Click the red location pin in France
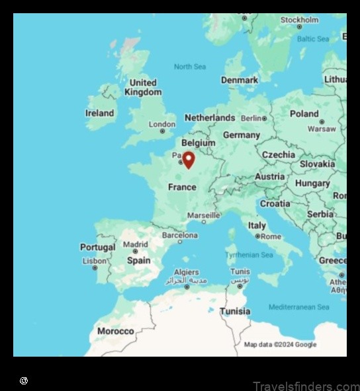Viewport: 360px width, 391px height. click(x=189, y=159)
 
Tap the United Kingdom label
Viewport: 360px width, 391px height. click(x=143, y=87)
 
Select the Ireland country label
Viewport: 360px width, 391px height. click(x=99, y=113)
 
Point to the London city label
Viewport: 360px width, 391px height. click(x=162, y=124)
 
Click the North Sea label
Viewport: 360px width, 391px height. click(x=190, y=67)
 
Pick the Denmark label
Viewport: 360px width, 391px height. click(x=240, y=80)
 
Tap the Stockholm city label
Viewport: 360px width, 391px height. click(x=299, y=20)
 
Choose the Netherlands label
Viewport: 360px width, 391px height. click(x=210, y=118)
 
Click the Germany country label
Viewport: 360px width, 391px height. click(x=241, y=135)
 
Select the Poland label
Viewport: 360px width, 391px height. click(x=304, y=114)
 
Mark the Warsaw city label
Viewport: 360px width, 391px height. click(x=322, y=129)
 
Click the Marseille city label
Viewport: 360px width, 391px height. click(x=203, y=215)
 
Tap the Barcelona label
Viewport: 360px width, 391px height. click(x=180, y=235)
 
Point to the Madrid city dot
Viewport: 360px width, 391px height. click(x=136, y=252)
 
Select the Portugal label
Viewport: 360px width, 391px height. click(x=97, y=247)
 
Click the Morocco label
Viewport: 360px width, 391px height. click(x=115, y=331)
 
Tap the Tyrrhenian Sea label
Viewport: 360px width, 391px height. click(x=249, y=255)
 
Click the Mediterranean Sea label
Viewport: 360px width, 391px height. click(x=298, y=307)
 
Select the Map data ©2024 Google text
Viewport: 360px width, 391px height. click(x=280, y=345)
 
